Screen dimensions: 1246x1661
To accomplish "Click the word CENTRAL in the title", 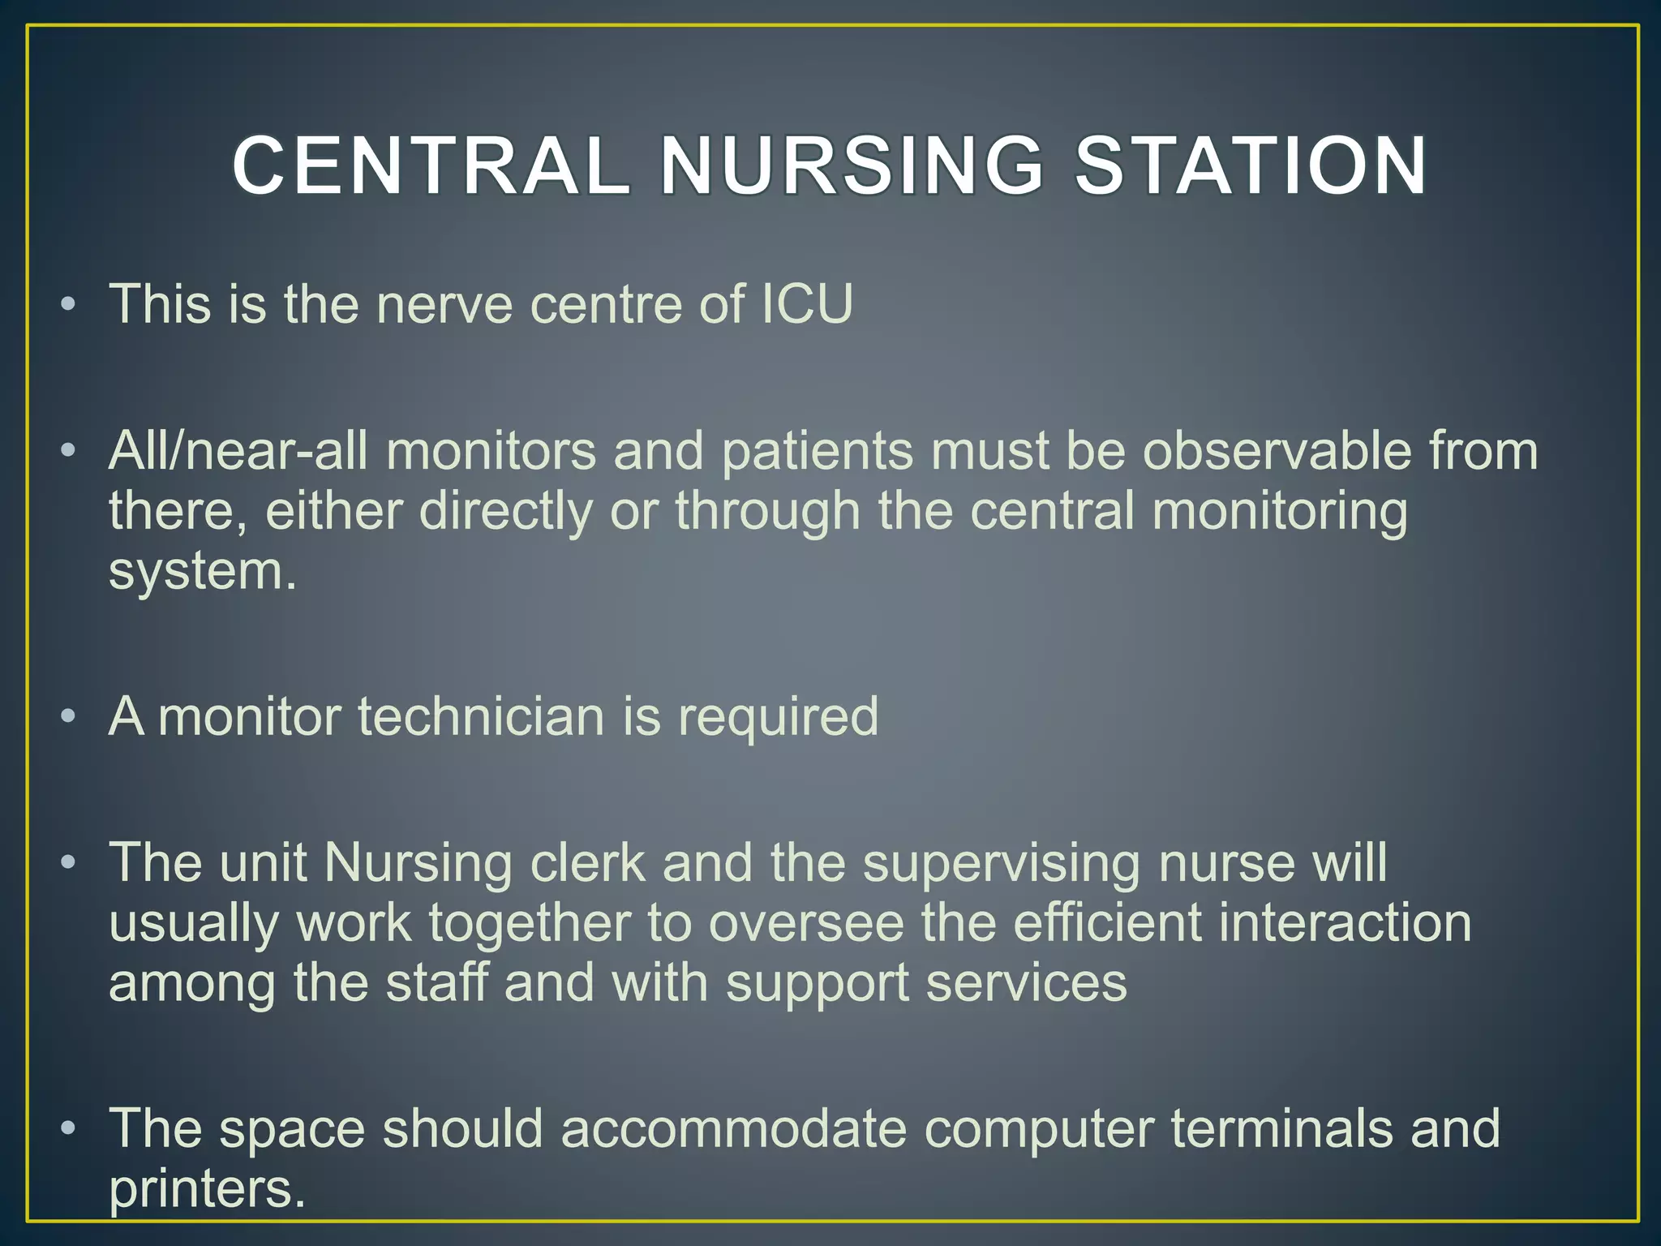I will (431, 166).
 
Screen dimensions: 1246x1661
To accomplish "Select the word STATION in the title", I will (1250, 166).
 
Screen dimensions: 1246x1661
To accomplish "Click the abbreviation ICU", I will (807, 304).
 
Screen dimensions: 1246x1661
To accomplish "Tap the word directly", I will (505, 511).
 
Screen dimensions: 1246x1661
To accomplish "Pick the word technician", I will (481, 716).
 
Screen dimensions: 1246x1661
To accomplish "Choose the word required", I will (778, 716).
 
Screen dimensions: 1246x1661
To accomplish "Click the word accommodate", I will (733, 1128).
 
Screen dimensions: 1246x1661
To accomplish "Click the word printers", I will (207, 1189).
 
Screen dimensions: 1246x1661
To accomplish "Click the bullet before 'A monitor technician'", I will (69, 717).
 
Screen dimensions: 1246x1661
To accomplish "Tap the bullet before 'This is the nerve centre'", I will (69, 305).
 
